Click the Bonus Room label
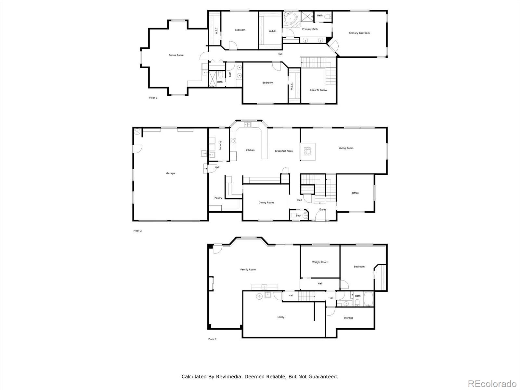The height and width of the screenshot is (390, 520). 176,55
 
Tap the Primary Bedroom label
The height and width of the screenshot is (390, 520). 359,33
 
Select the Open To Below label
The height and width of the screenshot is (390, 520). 318,90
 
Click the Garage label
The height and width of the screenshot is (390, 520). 170,173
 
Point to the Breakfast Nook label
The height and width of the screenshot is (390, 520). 284,151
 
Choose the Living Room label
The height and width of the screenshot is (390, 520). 346,148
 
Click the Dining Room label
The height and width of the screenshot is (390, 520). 266,203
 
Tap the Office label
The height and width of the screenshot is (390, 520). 355,193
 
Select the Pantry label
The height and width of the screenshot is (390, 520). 218,198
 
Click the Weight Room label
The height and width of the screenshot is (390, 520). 320,262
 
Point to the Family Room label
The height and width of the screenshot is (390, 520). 248,270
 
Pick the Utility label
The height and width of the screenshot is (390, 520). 281,317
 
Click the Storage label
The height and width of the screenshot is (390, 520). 348,318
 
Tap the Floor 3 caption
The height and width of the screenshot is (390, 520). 153,98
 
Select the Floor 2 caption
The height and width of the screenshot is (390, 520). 137,231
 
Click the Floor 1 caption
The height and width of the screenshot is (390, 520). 212,339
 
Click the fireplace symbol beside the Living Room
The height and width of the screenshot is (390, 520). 308,152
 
